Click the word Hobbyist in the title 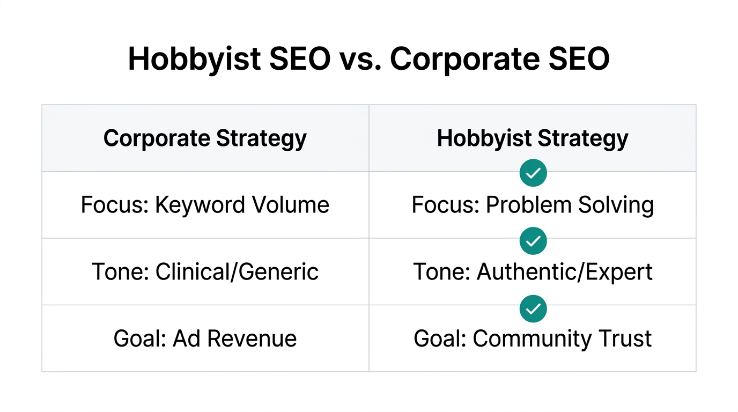pos(195,60)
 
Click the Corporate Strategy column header pos(205,138)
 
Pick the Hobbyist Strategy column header pos(533,138)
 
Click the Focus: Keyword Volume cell pos(205,205)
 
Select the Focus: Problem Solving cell pos(533,205)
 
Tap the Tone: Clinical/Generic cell pos(205,271)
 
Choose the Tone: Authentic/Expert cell pos(533,271)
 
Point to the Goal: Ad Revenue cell pos(205,339)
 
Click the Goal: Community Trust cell pos(533,339)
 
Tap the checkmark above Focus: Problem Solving pos(533,173)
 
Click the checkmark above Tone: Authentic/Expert pos(533,241)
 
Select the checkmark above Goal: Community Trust pos(533,308)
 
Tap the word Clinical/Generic pos(237,271)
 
